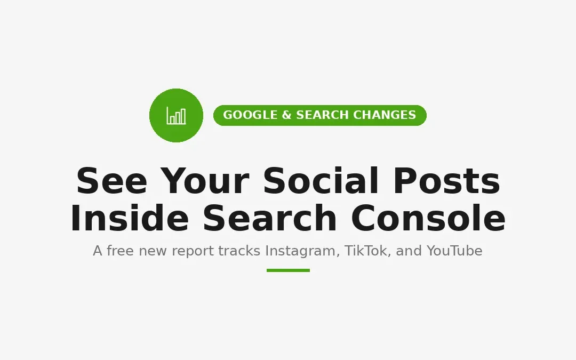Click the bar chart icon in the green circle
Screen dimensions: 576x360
[x=176, y=115]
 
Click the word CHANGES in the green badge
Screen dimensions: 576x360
[x=384, y=115]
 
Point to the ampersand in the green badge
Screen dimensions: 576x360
[x=286, y=115]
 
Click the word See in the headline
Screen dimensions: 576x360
[x=111, y=181]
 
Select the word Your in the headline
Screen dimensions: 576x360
[x=205, y=181]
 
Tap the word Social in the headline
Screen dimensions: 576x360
[x=321, y=181]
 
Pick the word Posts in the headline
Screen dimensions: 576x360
[x=447, y=181]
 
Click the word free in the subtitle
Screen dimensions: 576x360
[x=120, y=251]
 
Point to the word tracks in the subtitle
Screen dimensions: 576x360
[x=239, y=251]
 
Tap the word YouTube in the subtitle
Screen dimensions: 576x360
[x=454, y=251]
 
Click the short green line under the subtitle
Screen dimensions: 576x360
[x=289, y=270]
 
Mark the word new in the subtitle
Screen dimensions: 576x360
[x=153, y=252]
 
